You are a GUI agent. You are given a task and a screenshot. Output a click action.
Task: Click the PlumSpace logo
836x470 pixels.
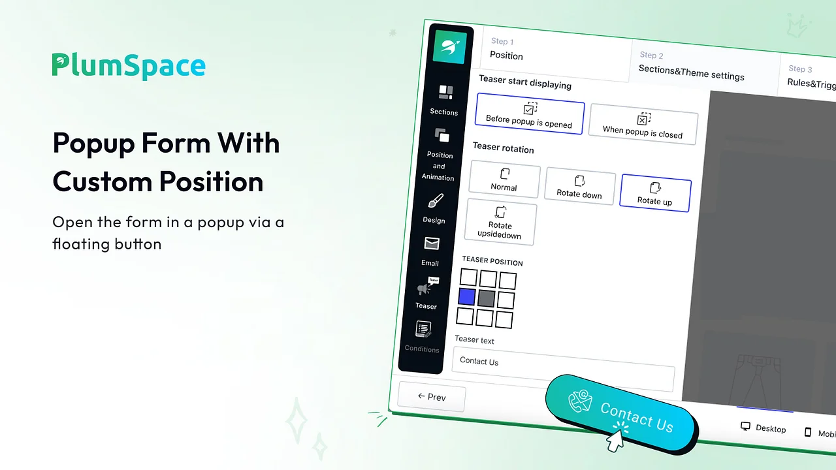(x=129, y=67)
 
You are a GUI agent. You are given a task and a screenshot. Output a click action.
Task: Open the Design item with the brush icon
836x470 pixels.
(x=434, y=208)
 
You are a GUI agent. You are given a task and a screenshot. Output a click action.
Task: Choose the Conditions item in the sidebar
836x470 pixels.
(x=423, y=336)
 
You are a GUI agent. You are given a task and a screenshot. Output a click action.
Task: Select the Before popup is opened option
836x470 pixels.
(x=530, y=114)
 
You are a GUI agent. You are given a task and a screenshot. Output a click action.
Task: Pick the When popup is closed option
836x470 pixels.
(x=643, y=124)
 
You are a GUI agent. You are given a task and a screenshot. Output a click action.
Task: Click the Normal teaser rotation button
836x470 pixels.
(x=504, y=180)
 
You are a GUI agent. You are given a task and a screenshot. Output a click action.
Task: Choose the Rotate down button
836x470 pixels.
(x=579, y=187)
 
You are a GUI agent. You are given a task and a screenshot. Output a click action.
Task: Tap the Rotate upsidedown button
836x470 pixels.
(x=500, y=223)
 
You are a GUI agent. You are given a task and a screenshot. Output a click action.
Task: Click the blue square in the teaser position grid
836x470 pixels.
(x=467, y=297)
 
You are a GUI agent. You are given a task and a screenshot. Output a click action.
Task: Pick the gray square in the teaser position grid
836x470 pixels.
(x=486, y=298)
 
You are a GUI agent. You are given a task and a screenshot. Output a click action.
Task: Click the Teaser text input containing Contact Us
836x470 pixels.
(x=563, y=368)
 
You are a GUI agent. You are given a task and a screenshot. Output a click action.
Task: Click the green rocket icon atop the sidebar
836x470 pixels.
(x=449, y=46)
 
